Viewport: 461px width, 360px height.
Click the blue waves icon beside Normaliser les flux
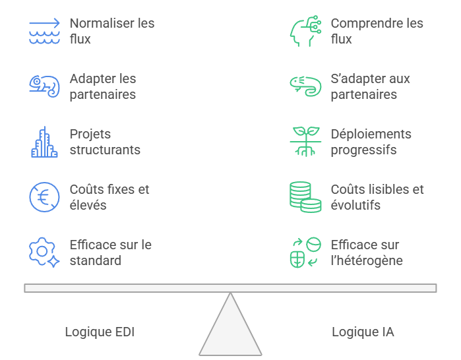coord(44,31)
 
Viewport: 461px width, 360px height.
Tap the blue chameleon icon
coord(44,86)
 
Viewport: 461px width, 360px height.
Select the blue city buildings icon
coord(44,142)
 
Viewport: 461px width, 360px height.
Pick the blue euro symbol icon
coord(44,197)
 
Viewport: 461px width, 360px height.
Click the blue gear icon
coord(44,252)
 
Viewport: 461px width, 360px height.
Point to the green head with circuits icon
coord(305,31)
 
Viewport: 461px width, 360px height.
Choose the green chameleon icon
coord(305,86)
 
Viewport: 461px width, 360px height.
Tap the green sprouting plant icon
coord(305,142)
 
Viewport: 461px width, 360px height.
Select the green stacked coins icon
coord(305,197)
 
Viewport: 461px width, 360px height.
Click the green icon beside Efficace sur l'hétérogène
coord(305,252)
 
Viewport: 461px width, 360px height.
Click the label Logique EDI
coord(100,332)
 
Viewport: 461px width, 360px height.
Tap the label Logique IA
coord(363,332)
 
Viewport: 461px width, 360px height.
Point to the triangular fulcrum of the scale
coord(230,330)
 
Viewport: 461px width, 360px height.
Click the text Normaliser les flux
coord(111,31)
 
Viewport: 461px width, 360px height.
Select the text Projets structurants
coord(104,142)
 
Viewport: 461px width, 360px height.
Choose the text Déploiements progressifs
coord(371,142)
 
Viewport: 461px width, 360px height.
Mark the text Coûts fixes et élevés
coord(109,197)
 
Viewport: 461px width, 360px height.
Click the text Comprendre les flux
coord(377,31)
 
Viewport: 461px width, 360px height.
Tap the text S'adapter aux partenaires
coord(370,86)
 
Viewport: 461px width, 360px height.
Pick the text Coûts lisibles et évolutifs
coord(377,197)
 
